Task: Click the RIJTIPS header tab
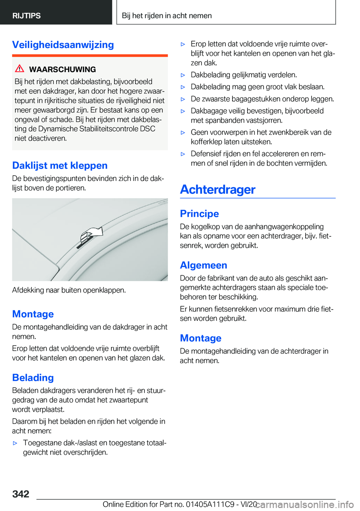[27, 16]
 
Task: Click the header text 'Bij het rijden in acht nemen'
[166, 16]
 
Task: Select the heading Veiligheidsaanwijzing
[63, 45]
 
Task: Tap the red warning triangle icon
[19, 69]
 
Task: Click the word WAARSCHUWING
[62, 69]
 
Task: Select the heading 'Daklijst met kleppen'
[60, 165]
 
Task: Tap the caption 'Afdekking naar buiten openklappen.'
[69, 290]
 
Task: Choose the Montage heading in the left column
[33, 314]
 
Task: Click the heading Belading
[33, 377]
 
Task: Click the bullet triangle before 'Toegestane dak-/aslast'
[15, 443]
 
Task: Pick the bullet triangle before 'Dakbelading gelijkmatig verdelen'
[183, 75]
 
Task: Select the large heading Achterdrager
[217, 189]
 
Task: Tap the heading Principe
[199, 213]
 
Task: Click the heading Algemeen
[203, 265]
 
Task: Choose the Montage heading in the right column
[201, 338]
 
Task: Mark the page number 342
[21, 494]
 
